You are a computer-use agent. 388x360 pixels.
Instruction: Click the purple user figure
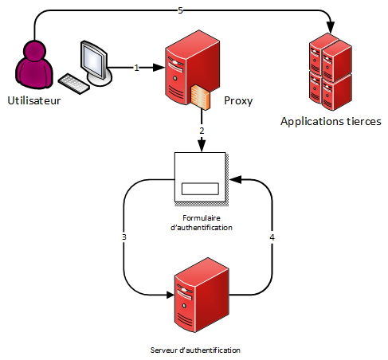point(34,65)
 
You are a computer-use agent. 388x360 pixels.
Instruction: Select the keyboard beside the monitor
point(74,84)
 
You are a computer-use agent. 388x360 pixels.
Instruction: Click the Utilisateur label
point(34,100)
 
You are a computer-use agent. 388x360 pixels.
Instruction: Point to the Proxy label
point(238,101)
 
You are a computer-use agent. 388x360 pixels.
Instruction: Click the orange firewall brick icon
point(201,97)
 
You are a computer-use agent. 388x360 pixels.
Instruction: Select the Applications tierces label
point(331,122)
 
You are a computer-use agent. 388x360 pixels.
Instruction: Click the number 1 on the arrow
point(136,68)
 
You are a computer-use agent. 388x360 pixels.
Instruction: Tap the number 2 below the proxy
point(202,131)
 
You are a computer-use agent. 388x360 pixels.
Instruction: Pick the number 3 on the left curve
point(124,237)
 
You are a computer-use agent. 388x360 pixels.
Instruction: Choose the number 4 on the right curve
point(272,237)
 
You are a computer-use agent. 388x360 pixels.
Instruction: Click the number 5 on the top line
point(180,10)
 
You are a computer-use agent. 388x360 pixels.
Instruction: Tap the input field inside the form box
point(200,189)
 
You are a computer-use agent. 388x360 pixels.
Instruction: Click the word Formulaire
point(202,218)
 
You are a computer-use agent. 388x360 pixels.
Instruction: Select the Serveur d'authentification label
point(195,350)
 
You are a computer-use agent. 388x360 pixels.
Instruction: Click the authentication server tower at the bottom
point(202,295)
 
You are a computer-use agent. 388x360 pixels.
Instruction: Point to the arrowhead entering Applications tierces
point(331,27)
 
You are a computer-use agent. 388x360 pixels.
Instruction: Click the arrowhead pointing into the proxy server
point(159,68)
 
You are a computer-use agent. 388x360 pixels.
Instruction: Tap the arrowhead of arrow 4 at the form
point(236,180)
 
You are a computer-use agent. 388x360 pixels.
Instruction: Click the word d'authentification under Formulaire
point(202,228)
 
